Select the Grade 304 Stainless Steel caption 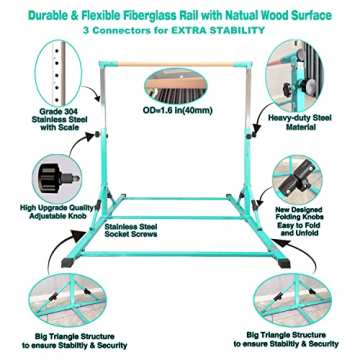point(60,119)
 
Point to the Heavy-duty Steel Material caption point(300,122)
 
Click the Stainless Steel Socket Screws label point(131,230)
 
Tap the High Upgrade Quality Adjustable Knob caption point(56,212)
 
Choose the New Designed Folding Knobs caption point(299,221)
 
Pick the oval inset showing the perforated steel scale point(59,73)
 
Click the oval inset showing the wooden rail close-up point(176,86)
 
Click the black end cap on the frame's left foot point(68,263)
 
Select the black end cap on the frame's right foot point(284,263)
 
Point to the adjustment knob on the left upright point(98,135)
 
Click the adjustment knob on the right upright point(254,135)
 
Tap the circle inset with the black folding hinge point(297,179)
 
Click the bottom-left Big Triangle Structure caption point(75,341)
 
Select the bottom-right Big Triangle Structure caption point(286,339)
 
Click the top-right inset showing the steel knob point(295,76)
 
